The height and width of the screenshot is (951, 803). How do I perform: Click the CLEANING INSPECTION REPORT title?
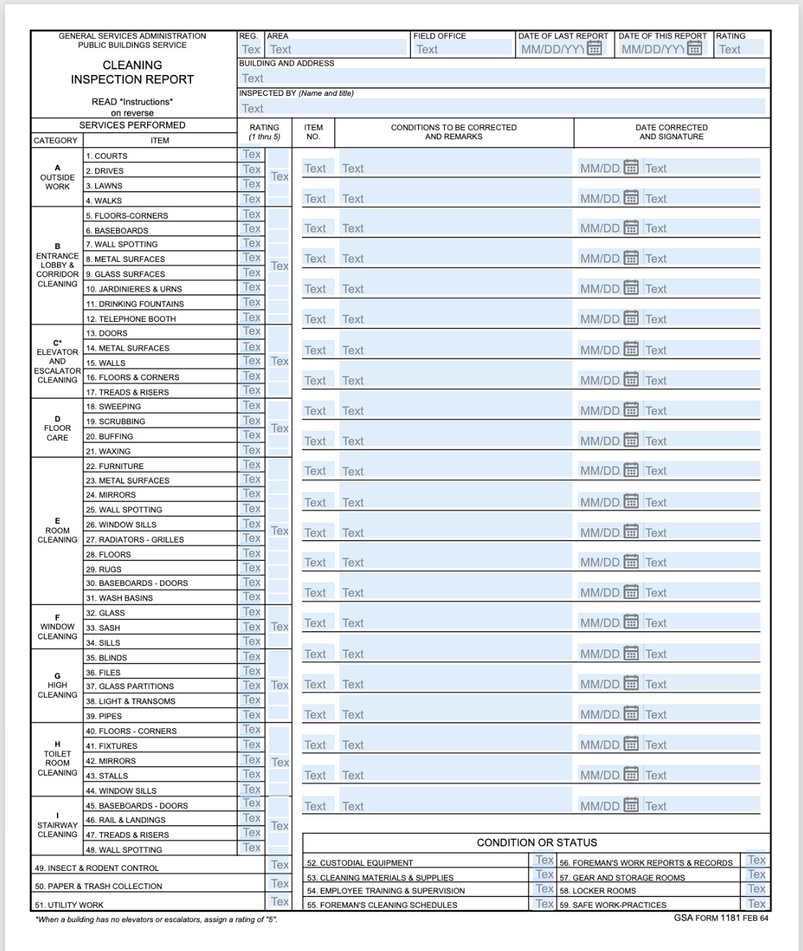[132, 72]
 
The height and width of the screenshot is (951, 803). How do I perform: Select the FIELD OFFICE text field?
[461, 49]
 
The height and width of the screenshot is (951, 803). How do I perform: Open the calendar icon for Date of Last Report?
[595, 48]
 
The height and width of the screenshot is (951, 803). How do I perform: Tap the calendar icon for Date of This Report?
[695, 48]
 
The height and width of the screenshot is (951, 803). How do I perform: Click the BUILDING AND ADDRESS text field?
[502, 78]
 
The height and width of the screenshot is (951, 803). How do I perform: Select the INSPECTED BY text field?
[502, 108]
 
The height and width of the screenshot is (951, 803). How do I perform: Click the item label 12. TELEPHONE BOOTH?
[130, 319]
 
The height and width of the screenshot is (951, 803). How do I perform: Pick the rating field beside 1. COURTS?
[252, 154]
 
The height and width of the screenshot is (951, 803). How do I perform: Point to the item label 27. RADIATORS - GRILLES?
[135, 540]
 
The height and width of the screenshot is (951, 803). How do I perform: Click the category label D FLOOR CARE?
[57, 428]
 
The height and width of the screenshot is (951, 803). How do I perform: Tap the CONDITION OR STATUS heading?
[536, 842]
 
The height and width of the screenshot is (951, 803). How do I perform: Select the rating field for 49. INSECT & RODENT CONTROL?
[279, 864]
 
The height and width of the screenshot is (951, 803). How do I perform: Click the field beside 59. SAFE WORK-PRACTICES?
[756, 903]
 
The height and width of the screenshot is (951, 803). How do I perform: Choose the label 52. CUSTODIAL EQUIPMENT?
[360, 863]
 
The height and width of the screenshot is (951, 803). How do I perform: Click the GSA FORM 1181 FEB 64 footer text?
[720, 918]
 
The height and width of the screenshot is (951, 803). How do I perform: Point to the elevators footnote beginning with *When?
[156, 919]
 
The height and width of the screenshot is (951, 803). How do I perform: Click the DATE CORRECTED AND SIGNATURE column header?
[671, 132]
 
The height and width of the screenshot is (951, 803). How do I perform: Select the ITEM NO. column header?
[313, 132]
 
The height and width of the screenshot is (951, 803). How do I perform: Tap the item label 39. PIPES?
[104, 716]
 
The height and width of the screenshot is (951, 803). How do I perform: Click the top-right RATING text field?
[740, 49]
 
